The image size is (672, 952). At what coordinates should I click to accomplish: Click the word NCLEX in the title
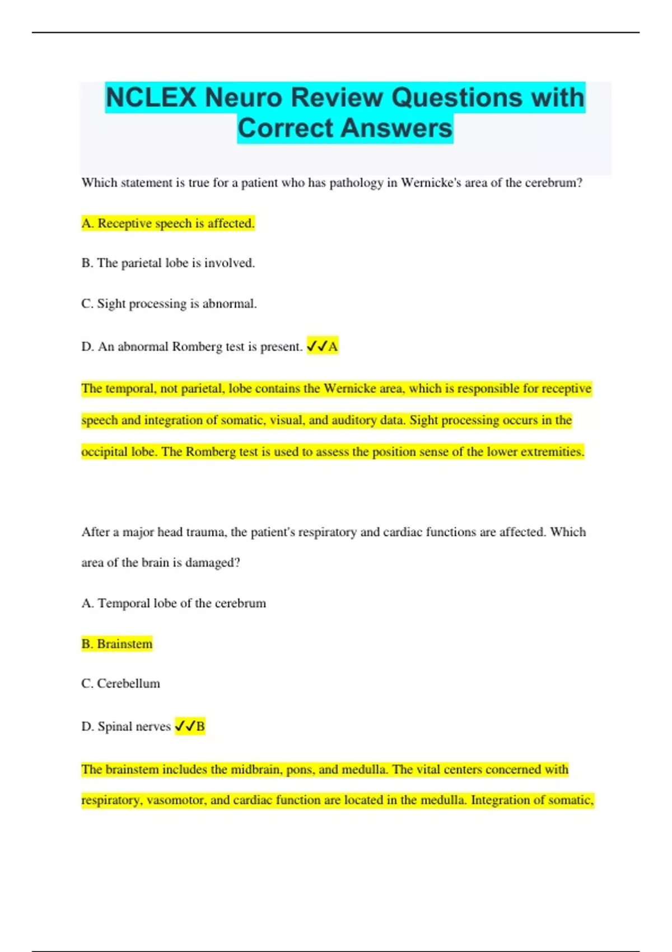click(151, 97)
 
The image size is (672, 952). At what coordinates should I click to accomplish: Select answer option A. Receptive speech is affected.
click(168, 223)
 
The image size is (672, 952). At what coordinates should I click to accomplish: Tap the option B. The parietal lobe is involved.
click(168, 263)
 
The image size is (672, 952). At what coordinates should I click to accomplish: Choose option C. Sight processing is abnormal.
click(169, 304)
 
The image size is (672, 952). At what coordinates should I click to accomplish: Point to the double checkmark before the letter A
click(316, 347)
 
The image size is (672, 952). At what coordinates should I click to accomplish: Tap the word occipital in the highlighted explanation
click(106, 452)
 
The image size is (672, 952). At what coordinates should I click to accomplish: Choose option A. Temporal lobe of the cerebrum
click(174, 603)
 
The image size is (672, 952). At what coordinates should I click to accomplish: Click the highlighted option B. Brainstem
click(117, 644)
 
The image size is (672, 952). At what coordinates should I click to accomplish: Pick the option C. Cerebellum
click(121, 684)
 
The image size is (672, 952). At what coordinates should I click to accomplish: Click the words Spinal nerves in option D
click(134, 726)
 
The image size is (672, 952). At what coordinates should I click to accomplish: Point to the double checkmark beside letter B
click(185, 726)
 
